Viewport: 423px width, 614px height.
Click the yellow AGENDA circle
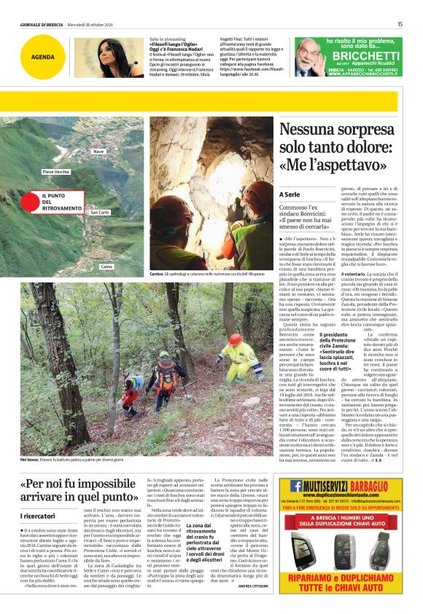[x=42, y=57]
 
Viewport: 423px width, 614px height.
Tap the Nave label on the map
[x=98, y=151]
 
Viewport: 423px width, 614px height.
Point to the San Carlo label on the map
[x=100, y=212]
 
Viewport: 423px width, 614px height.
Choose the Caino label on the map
[x=108, y=267]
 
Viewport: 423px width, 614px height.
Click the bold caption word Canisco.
[x=156, y=273]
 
